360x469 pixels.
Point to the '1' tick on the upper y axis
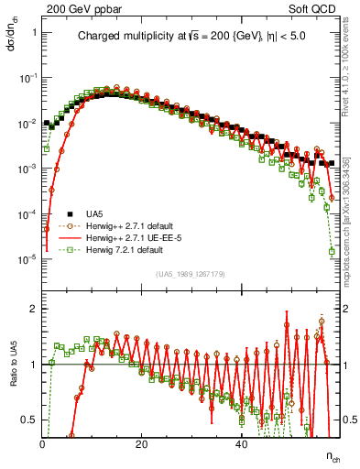click(x=34, y=33)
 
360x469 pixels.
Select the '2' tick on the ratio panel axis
click(x=34, y=308)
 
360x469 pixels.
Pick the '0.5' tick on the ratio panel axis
click(x=30, y=420)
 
